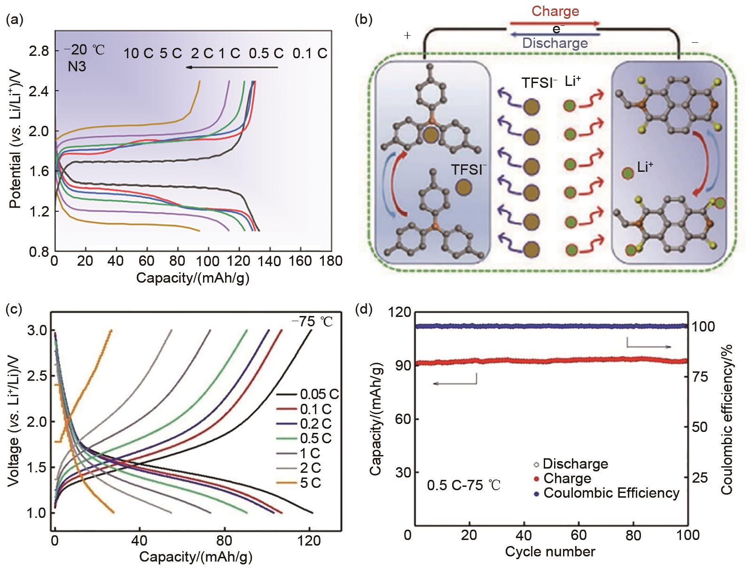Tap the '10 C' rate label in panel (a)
tap(138, 54)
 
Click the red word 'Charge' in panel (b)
tap(555, 11)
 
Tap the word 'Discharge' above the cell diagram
tap(555, 43)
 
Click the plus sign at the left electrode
tap(407, 36)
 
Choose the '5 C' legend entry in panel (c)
tap(310, 483)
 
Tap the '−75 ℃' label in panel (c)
tap(312, 322)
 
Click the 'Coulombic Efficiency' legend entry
tap(611, 493)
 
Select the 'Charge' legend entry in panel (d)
tap(567, 479)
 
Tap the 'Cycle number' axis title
tap(550, 552)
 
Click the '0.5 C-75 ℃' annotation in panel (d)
tap(463, 485)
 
